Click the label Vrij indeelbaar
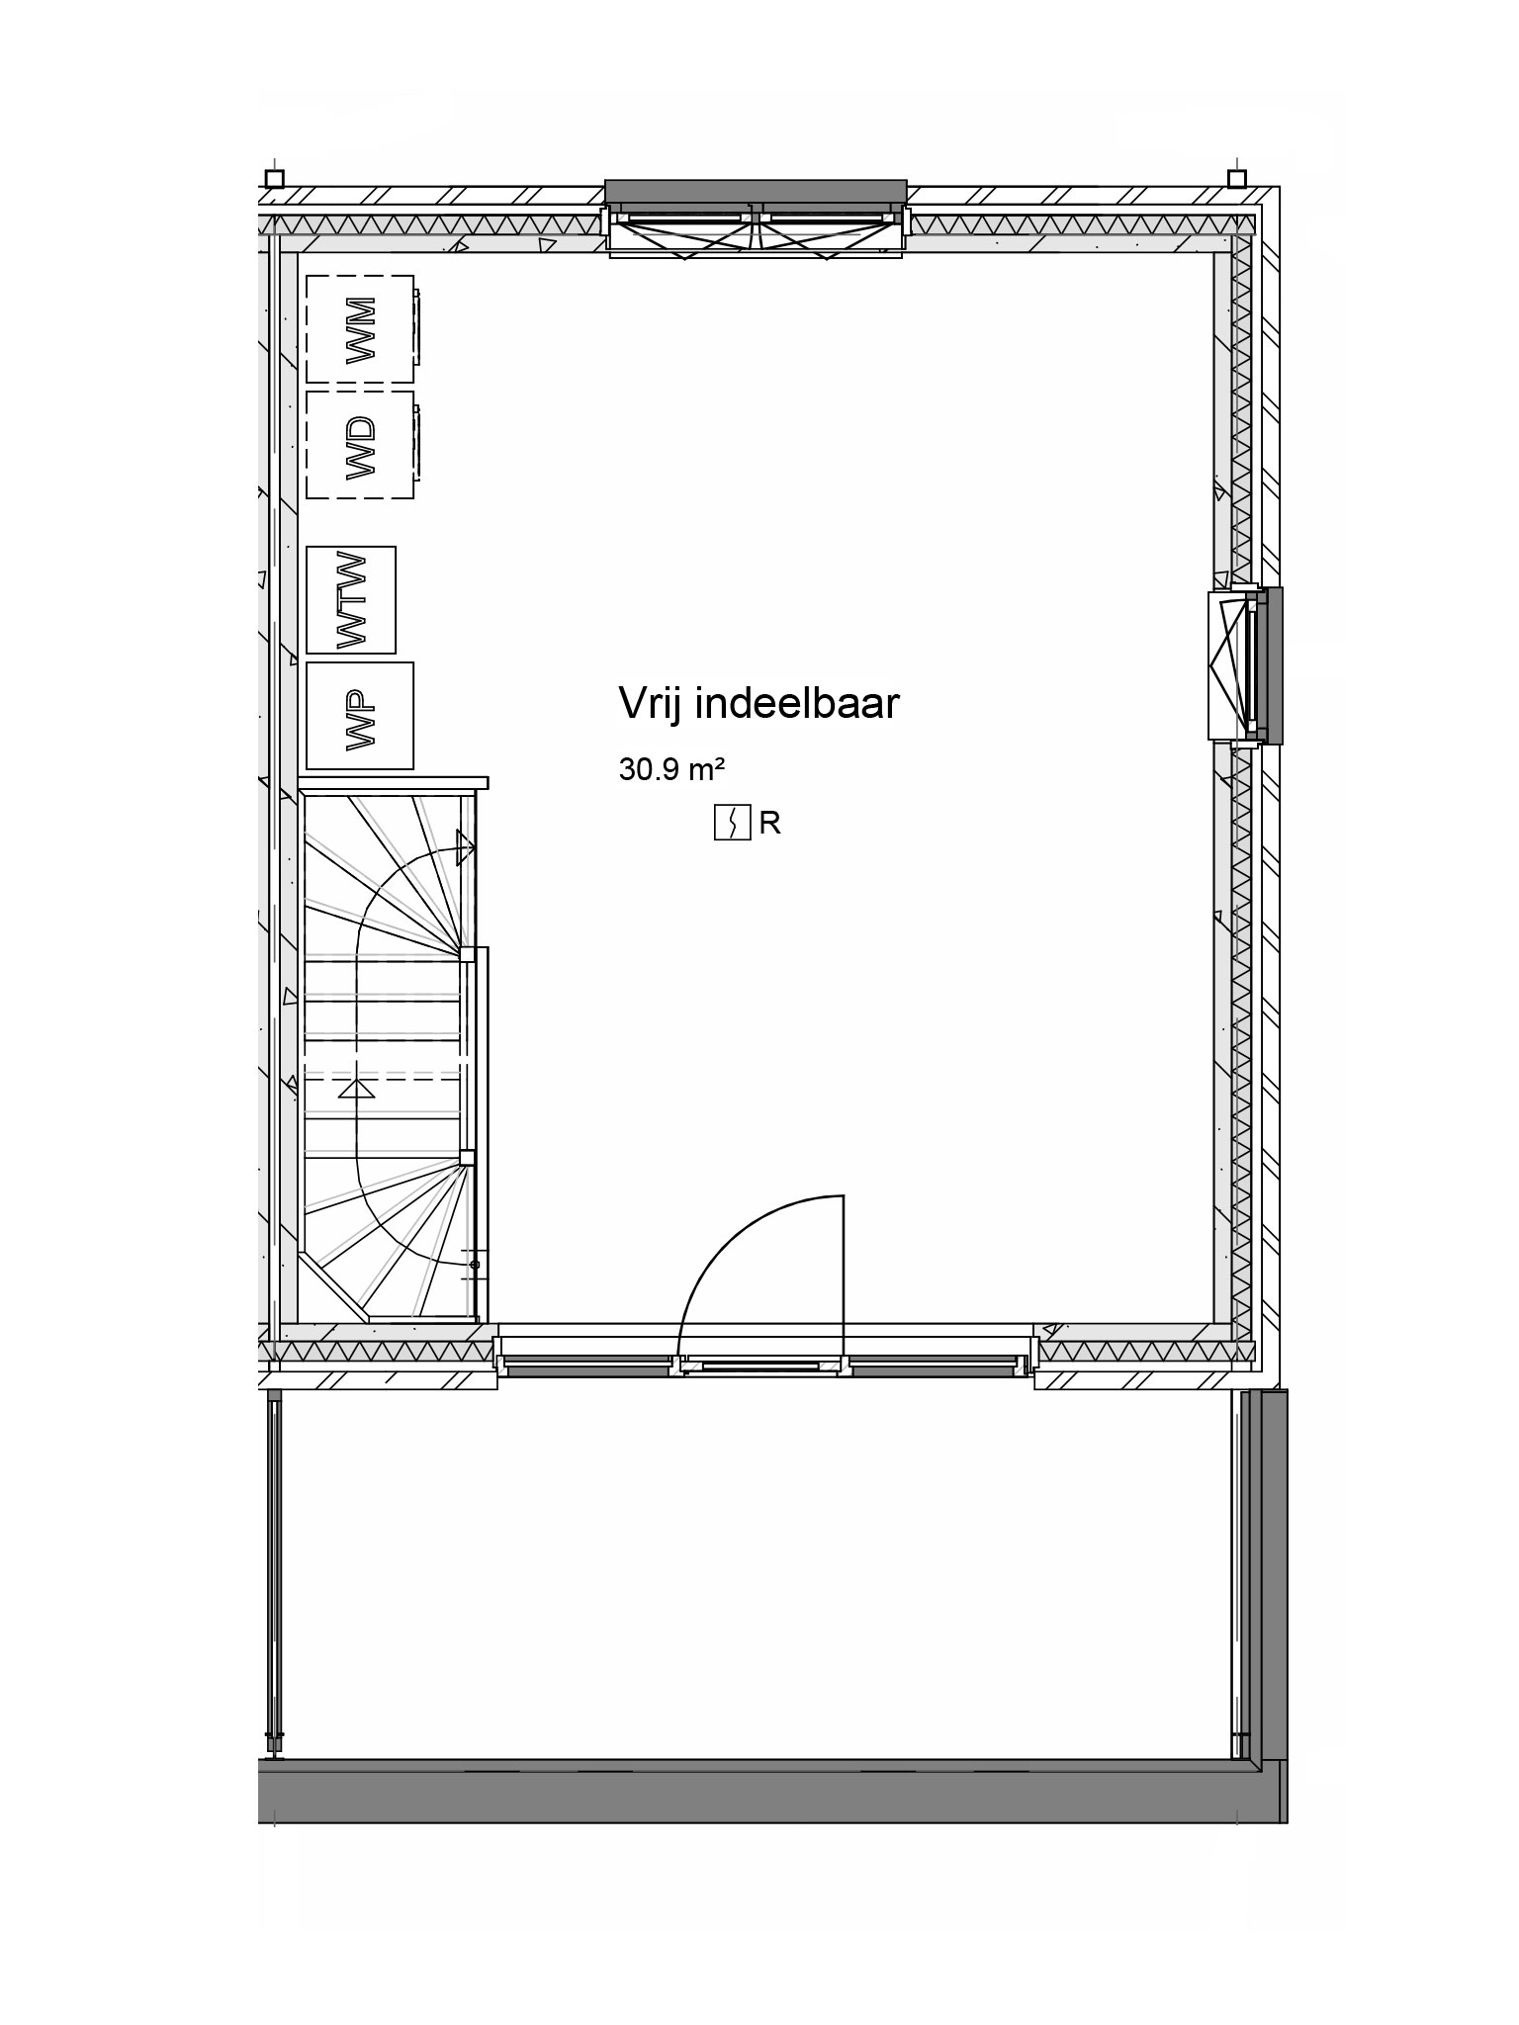pos(759,705)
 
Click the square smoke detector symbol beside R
pos(733,823)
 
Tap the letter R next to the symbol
pos(769,824)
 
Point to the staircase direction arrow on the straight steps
pos(356,1089)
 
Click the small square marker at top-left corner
pos(275,179)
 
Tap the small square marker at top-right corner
pos(1236,178)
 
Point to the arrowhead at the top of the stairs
pos(466,847)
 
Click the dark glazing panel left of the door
pos(587,1369)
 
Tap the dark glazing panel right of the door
pos(933,1369)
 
